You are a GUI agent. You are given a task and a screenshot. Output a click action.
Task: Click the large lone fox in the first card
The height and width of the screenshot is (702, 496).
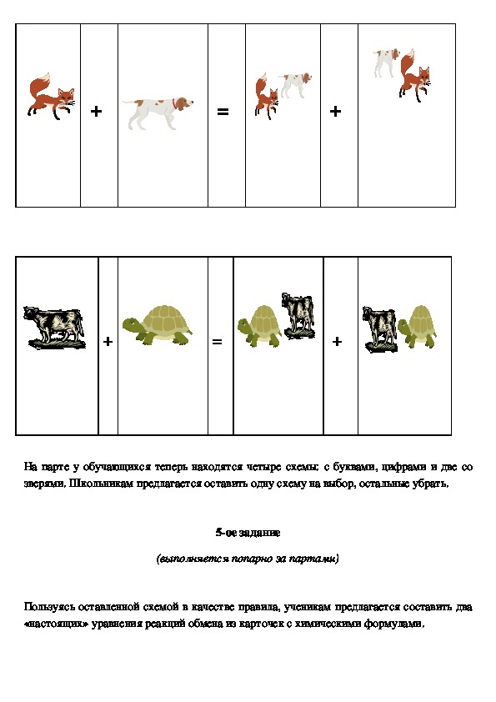[x=51, y=96]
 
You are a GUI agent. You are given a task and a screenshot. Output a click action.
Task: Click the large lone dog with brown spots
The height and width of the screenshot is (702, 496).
[x=158, y=112]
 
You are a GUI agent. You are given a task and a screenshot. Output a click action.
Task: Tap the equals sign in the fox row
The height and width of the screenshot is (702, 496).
[x=223, y=111]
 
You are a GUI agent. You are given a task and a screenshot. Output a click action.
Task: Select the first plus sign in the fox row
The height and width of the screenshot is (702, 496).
[x=96, y=111]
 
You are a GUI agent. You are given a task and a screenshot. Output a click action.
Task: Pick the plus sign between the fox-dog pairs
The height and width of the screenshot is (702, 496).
[x=335, y=111]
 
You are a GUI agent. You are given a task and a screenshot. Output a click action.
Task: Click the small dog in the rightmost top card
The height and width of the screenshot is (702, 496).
[x=386, y=63]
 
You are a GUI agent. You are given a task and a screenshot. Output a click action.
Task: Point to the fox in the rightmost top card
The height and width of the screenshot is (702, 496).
[x=414, y=76]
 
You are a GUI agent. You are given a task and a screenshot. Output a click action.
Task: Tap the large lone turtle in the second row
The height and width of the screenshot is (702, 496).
[x=157, y=325]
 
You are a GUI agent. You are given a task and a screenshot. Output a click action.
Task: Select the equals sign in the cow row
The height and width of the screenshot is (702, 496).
[x=217, y=342]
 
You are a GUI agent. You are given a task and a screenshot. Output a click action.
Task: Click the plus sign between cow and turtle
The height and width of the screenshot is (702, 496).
[x=108, y=342]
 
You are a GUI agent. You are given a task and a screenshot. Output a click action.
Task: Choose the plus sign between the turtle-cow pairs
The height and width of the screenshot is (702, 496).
[x=337, y=342]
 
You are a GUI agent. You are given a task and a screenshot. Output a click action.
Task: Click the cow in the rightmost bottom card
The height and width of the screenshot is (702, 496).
[x=379, y=330]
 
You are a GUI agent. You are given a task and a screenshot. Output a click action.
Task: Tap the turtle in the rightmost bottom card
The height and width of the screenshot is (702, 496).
[x=417, y=326]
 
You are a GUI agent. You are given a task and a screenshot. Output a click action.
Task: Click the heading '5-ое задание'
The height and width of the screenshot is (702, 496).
[x=248, y=532]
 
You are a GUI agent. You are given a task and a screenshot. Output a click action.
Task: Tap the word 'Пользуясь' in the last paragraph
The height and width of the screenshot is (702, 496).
[x=49, y=607]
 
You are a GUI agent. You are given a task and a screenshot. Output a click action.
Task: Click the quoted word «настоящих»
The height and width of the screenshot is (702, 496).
[x=56, y=624]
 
